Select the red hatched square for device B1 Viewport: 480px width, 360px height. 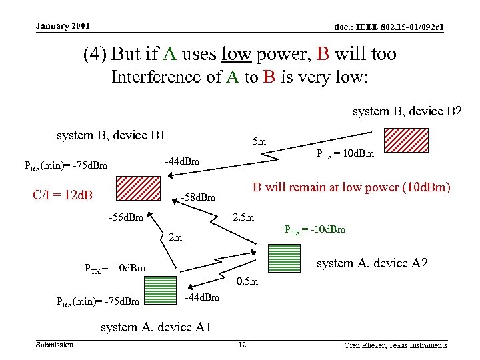point(139,187)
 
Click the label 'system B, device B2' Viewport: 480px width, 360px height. point(407,111)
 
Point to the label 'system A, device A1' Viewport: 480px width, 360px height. point(156,327)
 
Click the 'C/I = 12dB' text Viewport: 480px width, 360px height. point(62,195)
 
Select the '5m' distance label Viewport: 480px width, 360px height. point(260,141)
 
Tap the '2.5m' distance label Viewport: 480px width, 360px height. point(242,218)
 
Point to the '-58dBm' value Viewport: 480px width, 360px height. point(199,197)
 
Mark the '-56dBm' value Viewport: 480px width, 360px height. point(126,218)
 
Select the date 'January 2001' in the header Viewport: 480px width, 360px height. point(63,26)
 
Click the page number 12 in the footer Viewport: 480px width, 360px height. point(242,345)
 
